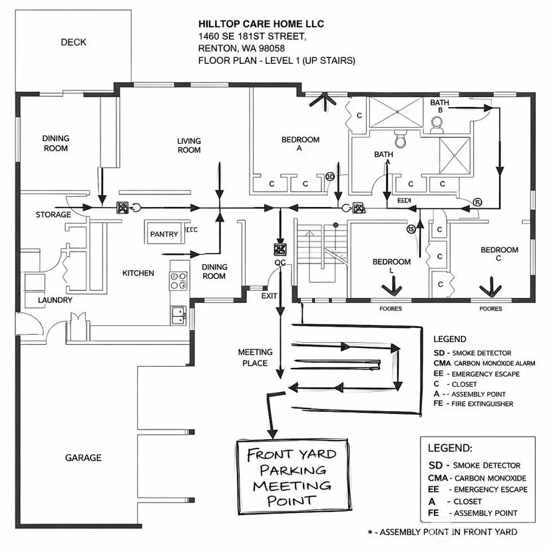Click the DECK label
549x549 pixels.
point(73,43)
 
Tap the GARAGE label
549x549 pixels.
point(83,458)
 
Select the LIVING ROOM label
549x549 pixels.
point(189,145)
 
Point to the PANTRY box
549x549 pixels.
point(164,234)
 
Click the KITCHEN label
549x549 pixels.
point(138,273)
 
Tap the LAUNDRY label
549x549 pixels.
point(55,300)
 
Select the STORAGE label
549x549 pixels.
point(53,215)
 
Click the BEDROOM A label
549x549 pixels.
point(300,144)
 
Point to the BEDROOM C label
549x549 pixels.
point(499,254)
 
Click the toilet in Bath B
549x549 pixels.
point(437,124)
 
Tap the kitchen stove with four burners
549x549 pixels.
point(178,280)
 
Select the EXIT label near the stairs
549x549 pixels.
point(270,295)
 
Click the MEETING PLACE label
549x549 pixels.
point(255,357)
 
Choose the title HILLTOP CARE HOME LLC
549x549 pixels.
point(261,24)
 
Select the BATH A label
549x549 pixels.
point(383,158)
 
